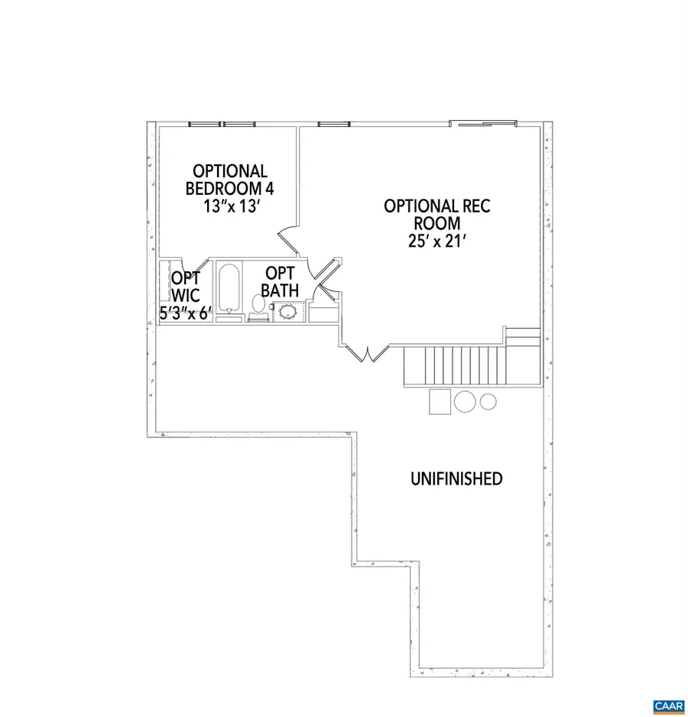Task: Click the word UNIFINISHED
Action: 456,479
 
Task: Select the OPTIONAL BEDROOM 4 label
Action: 229,180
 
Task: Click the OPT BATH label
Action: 280,281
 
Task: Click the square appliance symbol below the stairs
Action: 440,401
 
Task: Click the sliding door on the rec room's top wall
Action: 482,122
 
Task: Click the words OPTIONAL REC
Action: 437,206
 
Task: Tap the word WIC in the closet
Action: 185,295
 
